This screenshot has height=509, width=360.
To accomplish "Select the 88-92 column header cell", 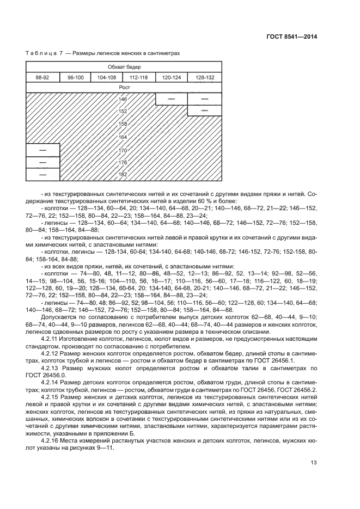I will coord(42,77).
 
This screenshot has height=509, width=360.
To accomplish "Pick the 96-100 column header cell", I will coord(75,77).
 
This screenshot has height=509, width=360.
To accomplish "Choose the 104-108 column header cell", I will coord(107,77).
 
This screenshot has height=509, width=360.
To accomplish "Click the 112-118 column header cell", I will coord(139,77).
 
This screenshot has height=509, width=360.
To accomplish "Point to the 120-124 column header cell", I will coord(171,77).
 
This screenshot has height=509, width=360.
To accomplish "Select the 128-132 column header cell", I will coord(204,77).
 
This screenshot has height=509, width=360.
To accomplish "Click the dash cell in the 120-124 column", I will coord(171,99).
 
